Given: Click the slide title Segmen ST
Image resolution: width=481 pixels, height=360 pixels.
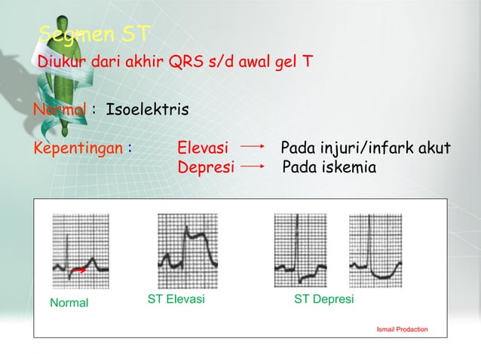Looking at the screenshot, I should (x=95, y=34).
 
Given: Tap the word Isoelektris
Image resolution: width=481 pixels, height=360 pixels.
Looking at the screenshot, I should (x=148, y=111).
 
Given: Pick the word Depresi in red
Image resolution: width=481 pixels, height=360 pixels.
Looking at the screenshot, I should (x=205, y=166).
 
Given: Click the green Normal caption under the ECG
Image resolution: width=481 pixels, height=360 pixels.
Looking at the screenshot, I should (x=69, y=304).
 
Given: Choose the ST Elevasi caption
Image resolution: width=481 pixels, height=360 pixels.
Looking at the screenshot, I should (x=176, y=299).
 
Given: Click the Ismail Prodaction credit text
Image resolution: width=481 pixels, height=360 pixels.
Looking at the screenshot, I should (x=402, y=329).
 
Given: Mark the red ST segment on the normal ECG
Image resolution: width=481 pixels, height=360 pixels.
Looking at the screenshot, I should (x=78, y=269).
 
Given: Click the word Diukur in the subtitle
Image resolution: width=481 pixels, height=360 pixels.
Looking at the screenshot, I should (x=63, y=63).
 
